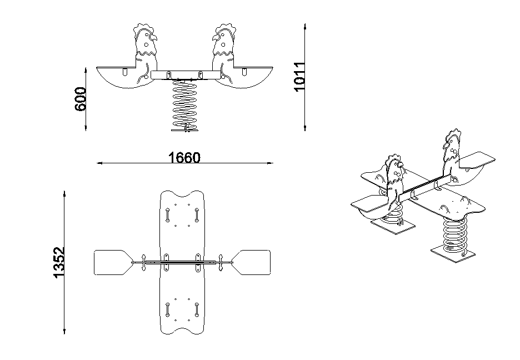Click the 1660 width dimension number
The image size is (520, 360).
(x=184, y=157)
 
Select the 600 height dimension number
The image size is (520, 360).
(x=80, y=99)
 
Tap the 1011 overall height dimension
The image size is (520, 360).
(x=299, y=76)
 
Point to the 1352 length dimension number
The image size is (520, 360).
(x=59, y=262)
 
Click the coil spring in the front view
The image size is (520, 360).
(x=184, y=103)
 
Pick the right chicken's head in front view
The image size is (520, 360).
(x=224, y=39)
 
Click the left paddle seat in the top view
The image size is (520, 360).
(x=113, y=263)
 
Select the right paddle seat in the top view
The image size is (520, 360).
(x=251, y=263)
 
